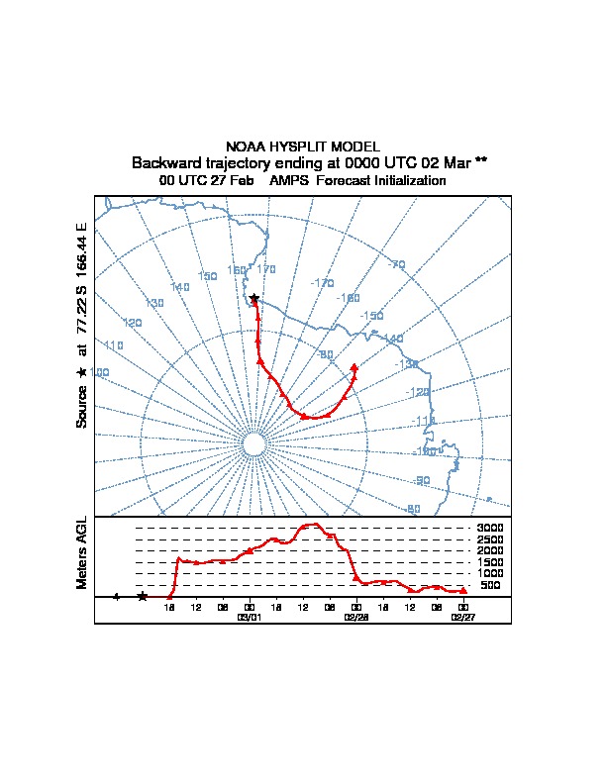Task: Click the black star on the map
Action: click(x=254, y=298)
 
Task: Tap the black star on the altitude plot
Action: click(x=143, y=596)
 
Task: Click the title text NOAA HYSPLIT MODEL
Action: click(x=303, y=147)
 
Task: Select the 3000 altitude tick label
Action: click(x=489, y=528)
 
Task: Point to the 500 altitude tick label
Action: click(x=491, y=585)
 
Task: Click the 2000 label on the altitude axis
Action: click(x=489, y=550)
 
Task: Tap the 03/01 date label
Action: click(x=249, y=616)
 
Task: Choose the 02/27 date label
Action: click(x=463, y=616)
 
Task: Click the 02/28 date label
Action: click(x=356, y=616)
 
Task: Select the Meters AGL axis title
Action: click(x=83, y=552)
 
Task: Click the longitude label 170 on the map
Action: click(x=266, y=269)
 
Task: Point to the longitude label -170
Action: click(x=322, y=283)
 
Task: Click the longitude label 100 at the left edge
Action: click(x=100, y=372)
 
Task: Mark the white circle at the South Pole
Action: click(x=252, y=445)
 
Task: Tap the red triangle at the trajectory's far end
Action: click(x=353, y=367)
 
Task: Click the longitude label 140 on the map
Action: click(x=179, y=287)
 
